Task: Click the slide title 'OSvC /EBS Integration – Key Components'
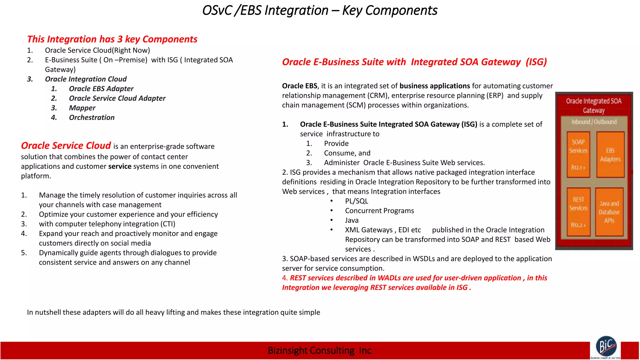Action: [319, 11]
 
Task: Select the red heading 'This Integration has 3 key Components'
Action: [112, 39]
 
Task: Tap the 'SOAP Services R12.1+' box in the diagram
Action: [578, 154]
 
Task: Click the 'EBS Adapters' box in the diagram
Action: [610, 154]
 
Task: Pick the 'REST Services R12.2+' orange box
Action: [578, 212]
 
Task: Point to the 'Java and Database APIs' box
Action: [609, 212]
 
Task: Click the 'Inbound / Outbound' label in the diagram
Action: [594, 122]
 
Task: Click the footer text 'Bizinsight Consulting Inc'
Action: [319, 351]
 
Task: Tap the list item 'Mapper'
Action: [82, 108]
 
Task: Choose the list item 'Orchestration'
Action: [92, 118]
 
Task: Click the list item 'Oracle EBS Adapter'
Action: [101, 89]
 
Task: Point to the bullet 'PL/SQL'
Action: [356, 201]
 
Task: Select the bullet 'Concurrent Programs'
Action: [379, 211]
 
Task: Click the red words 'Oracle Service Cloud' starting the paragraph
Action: [66, 146]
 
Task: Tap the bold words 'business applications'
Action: [434, 86]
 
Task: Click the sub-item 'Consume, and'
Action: [347, 153]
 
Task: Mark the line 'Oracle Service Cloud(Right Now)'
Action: [97, 51]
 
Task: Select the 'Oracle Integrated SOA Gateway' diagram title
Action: [593, 106]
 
